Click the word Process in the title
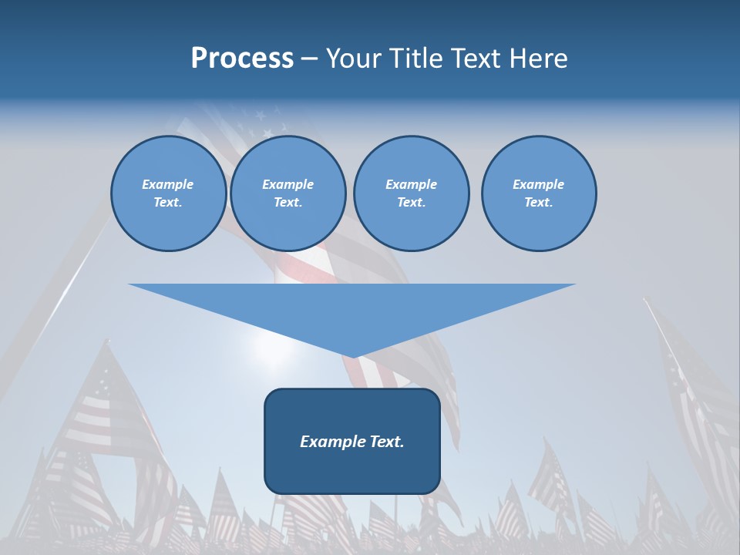coord(242,59)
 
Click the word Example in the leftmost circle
coord(168,184)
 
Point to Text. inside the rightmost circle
coord(539,203)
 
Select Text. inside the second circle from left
coord(288,203)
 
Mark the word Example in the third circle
coord(411,184)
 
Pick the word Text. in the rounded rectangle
coord(388,442)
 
